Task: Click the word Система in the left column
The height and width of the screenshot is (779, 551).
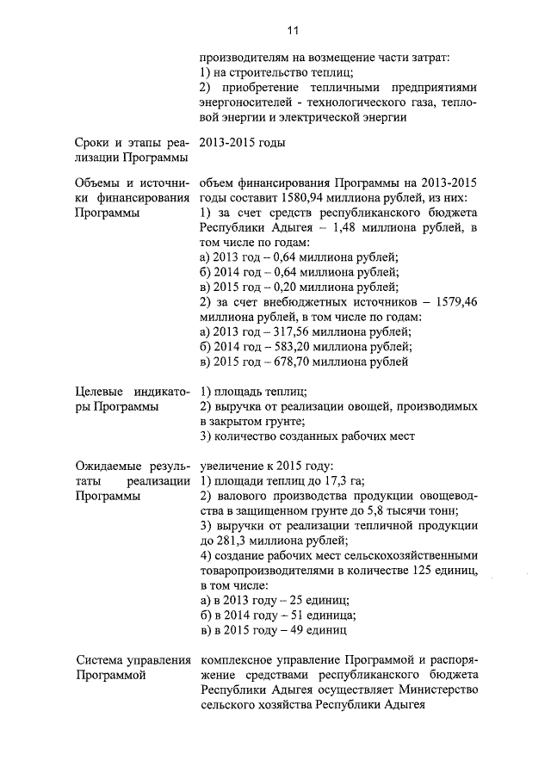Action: pos(100,660)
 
